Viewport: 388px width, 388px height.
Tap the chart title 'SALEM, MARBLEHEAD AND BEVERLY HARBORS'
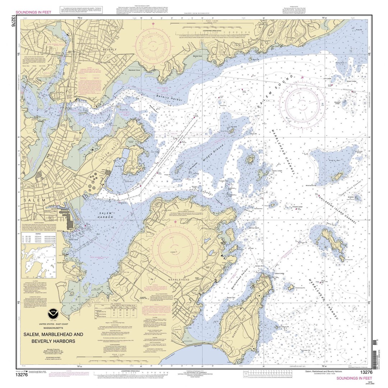(x=53, y=337)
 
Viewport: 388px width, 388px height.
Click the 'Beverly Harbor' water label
(x=169, y=97)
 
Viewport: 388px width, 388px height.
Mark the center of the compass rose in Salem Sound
(x=302, y=102)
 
